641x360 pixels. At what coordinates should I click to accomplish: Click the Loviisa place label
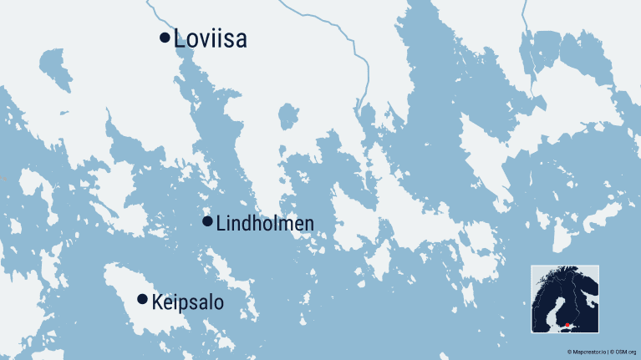point(211,39)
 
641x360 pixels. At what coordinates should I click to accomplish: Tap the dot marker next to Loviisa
point(165,37)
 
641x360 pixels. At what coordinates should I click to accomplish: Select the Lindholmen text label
point(265,224)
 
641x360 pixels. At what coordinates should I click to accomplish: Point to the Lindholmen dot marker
point(207,221)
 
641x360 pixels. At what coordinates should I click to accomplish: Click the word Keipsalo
point(188,302)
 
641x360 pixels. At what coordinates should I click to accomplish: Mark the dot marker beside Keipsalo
point(142,299)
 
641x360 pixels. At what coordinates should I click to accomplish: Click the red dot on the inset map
point(568,325)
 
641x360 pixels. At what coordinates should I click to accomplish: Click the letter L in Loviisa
point(180,39)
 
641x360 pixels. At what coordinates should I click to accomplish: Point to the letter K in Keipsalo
point(157,302)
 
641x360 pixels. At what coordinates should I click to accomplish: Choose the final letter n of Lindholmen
point(309,224)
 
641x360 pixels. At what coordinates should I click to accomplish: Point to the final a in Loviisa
point(241,40)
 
